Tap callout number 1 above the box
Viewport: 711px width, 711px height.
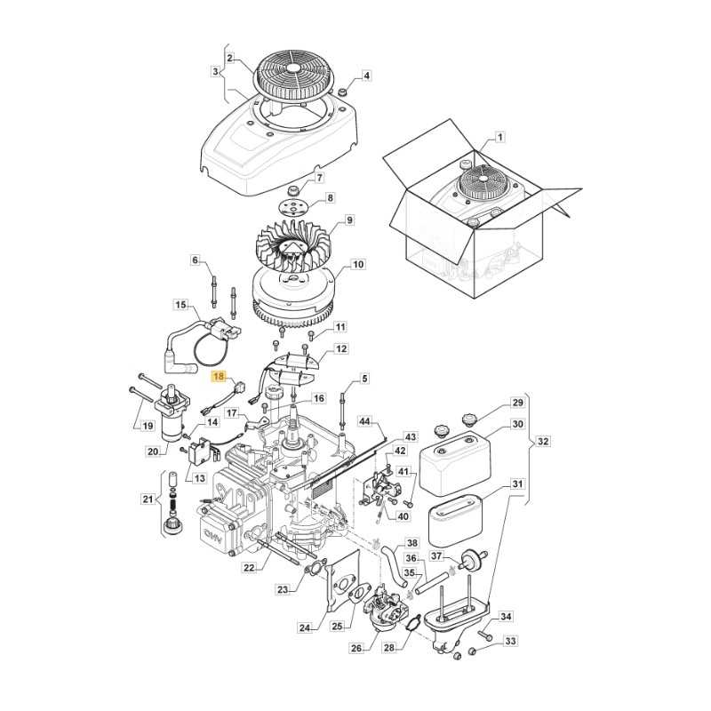[x=499, y=137]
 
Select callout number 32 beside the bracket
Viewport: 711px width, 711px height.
[x=544, y=441]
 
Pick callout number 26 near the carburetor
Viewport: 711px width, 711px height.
[x=356, y=648]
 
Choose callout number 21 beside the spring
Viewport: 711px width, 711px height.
[x=148, y=499]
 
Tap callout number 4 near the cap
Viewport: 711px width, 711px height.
[x=366, y=76]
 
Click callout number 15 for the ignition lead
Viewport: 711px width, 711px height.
[x=181, y=306]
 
